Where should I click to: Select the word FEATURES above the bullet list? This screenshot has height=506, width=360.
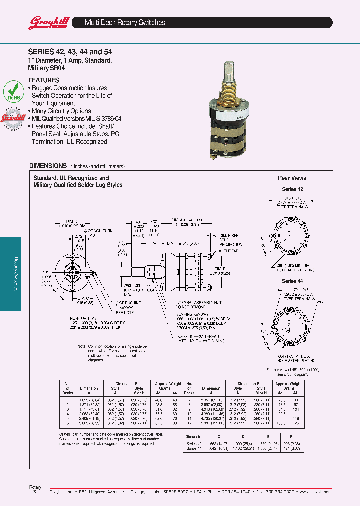click(x=44, y=80)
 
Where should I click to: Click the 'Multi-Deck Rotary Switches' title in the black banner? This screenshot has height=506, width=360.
click(x=125, y=23)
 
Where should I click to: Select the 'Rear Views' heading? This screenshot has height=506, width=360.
click(x=292, y=178)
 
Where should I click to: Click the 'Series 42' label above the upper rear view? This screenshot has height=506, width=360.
click(x=292, y=190)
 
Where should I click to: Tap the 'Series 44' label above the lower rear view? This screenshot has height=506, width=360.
click(x=292, y=281)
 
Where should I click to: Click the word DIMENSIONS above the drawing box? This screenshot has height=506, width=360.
click(x=48, y=166)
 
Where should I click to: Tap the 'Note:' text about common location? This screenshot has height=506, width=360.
click(x=82, y=346)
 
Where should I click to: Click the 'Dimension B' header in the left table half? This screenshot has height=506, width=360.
click(x=129, y=383)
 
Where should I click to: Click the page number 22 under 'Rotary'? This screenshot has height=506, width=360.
click(x=35, y=492)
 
